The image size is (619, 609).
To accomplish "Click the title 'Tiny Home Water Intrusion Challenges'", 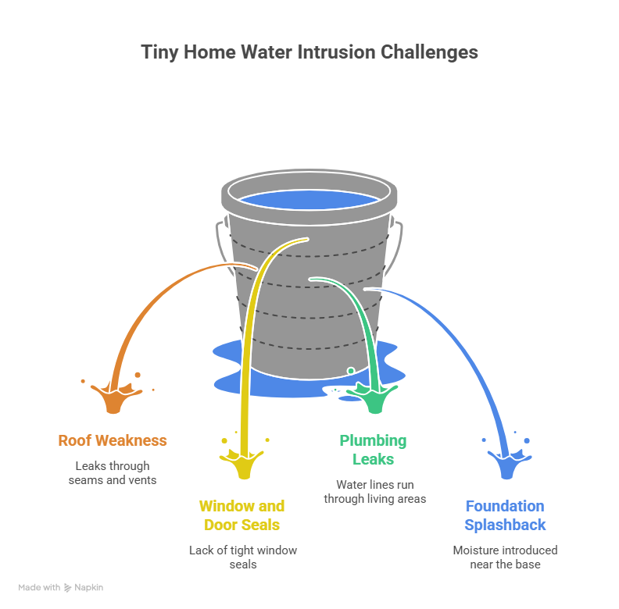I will (309, 52).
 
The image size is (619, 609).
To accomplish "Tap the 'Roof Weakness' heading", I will (113, 440).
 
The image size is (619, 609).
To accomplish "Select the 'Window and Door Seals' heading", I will (242, 515).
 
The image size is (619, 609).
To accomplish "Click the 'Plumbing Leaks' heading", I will (373, 450).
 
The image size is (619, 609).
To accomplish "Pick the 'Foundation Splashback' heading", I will (505, 515).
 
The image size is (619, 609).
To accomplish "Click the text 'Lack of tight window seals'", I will (243, 557).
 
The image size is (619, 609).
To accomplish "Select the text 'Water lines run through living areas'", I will (375, 492).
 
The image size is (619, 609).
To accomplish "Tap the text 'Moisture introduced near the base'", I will (505, 557).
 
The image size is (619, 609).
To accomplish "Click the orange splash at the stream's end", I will (112, 397).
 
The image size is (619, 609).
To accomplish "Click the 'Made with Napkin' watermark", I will (61, 587).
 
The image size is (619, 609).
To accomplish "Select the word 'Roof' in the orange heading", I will (75, 440).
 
